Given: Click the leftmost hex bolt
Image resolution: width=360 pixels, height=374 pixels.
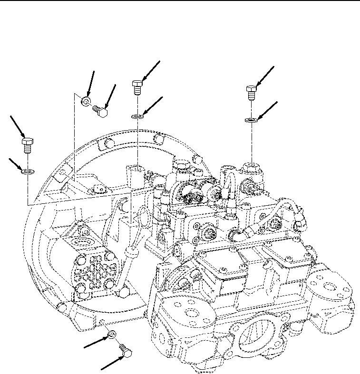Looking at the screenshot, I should [27, 144].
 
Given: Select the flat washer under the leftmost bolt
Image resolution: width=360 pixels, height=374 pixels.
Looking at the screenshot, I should [27, 171].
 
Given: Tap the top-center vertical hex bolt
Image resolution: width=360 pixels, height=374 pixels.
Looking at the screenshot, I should [137, 87].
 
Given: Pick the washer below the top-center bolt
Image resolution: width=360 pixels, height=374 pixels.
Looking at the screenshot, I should [137, 116].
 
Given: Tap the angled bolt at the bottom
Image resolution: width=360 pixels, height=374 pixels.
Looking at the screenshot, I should [126, 352].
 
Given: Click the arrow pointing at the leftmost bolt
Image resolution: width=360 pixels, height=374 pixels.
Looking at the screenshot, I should [16, 126].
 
